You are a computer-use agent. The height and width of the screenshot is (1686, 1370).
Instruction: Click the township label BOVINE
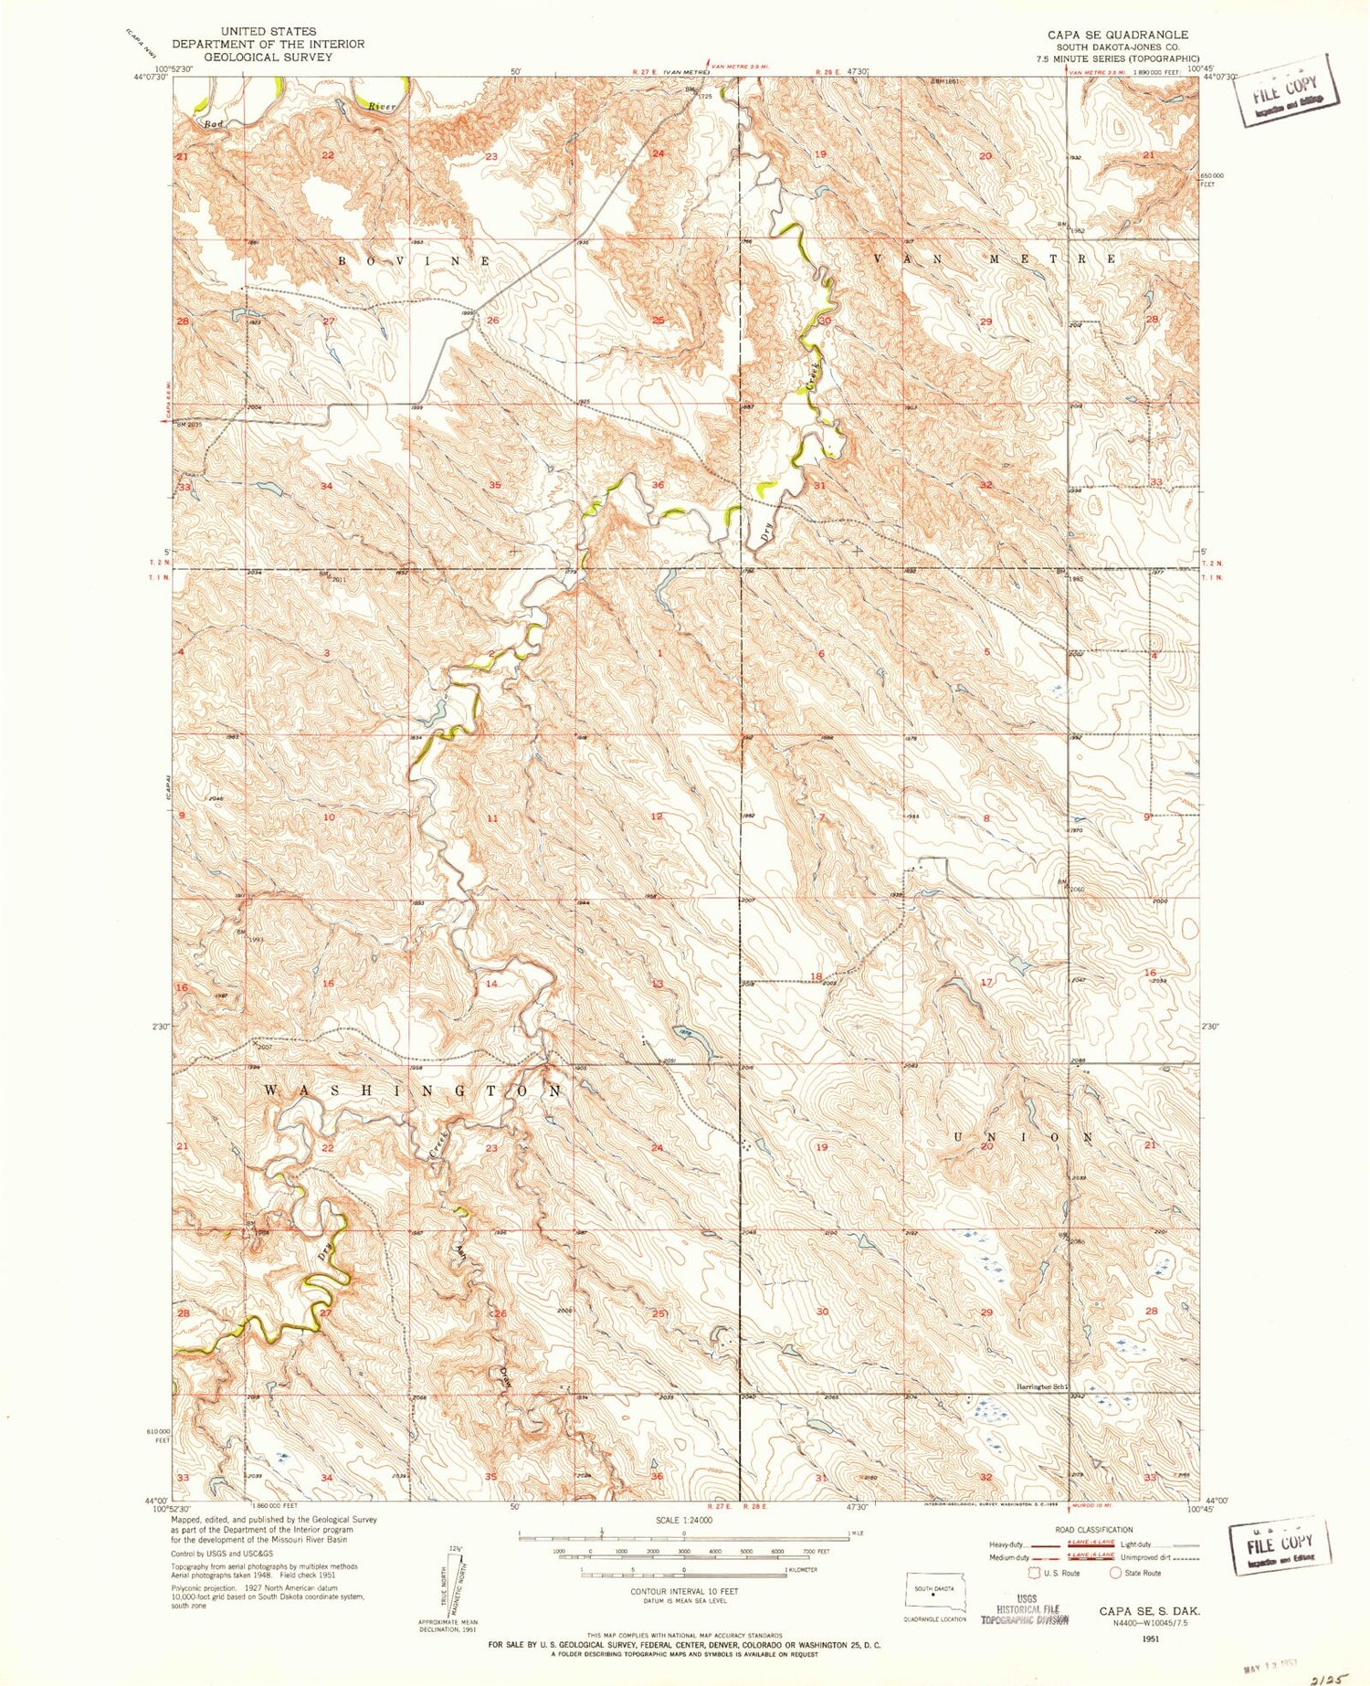tap(416, 261)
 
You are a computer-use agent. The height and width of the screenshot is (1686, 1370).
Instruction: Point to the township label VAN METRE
tap(996, 259)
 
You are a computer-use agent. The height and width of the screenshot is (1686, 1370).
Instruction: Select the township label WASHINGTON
tap(413, 1091)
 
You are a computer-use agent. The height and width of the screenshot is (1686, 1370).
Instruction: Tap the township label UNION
tap(1024, 1137)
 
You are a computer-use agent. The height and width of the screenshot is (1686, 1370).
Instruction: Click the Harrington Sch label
tap(1042, 1387)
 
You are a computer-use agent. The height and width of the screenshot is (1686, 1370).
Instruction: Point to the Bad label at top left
tap(214, 123)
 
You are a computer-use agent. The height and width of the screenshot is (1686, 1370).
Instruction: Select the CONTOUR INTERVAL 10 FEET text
tap(684, 1591)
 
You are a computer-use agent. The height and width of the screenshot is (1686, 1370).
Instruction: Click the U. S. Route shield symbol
tap(1035, 1573)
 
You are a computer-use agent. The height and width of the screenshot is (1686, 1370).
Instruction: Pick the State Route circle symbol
tap(1115, 1573)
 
